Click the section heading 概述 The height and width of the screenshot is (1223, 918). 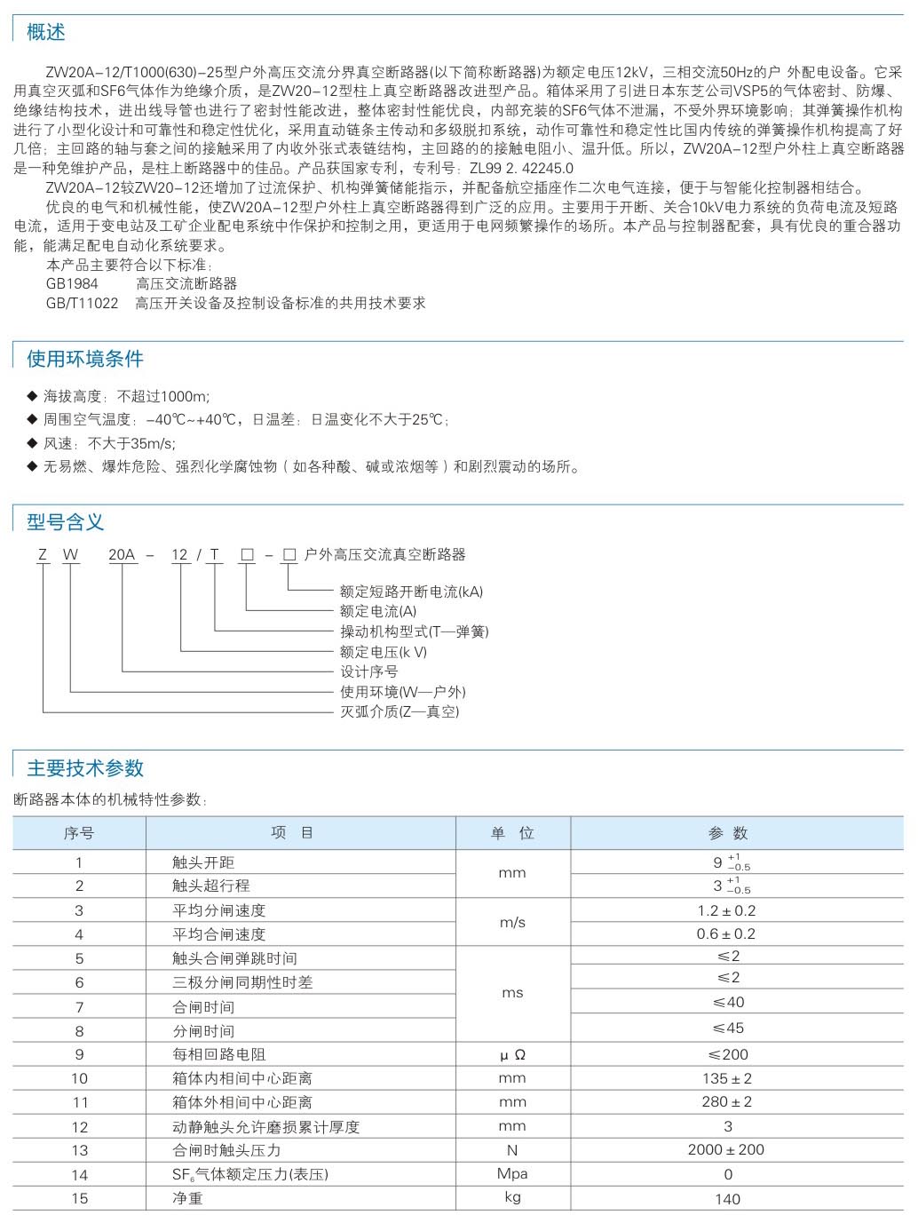pos(46,33)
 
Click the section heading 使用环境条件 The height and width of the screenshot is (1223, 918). pos(85,359)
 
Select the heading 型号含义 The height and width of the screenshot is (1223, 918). pos(66,522)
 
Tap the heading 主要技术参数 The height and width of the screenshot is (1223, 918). pos(85,768)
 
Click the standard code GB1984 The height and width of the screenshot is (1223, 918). pos(72,283)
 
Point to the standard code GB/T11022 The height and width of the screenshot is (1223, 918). pos(82,303)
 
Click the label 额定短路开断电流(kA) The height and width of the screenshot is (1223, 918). pos(412,592)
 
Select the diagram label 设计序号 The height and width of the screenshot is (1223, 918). pos(369,671)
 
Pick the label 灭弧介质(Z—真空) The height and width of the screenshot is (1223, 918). pos(400,711)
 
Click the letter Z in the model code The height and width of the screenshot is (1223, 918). pos(42,555)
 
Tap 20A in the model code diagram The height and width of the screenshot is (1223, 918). pos(122,555)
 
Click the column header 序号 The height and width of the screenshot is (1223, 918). pos(79,833)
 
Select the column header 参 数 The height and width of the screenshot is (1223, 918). pos(728,833)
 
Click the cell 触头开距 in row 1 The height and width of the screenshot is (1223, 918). pos(203,862)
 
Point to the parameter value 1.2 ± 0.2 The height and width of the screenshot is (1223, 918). pos(726,910)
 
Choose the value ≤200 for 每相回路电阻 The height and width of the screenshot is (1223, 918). pos(728,1054)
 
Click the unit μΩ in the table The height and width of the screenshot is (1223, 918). pos(512,1055)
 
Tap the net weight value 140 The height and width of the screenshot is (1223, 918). pos(727,1199)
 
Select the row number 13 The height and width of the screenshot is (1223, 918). pos(80,1150)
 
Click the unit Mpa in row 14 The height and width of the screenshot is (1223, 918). pos(512,1173)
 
